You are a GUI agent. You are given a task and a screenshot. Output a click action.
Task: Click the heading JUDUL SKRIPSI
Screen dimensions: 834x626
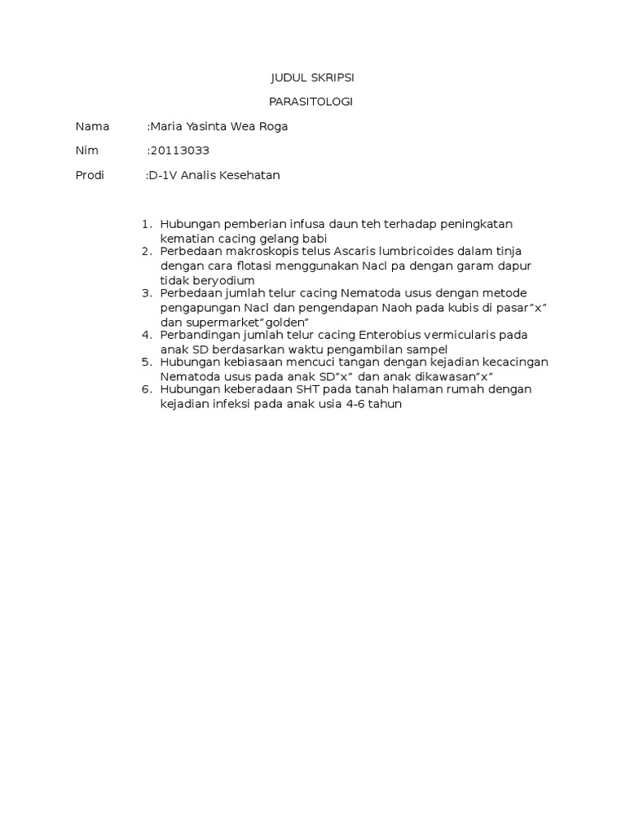point(312,78)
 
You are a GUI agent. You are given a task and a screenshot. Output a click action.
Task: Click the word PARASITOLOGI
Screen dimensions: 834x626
point(312,102)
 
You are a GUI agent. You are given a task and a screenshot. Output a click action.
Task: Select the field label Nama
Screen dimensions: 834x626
point(92,126)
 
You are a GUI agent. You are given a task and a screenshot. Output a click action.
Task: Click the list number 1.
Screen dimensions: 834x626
point(147,224)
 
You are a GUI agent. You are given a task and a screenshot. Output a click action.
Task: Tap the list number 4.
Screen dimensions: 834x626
point(147,335)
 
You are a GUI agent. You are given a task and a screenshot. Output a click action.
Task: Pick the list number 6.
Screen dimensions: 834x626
point(147,389)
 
